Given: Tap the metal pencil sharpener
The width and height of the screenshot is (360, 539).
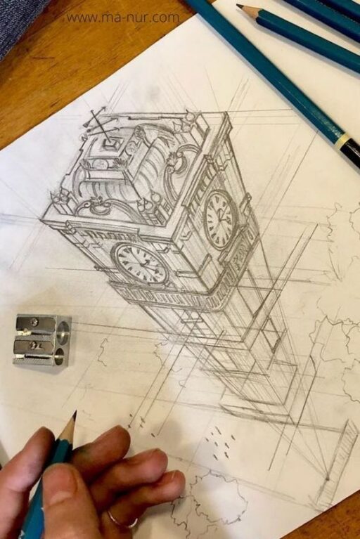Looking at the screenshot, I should tap(41, 339).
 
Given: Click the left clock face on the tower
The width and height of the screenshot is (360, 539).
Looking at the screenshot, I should tap(141, 262).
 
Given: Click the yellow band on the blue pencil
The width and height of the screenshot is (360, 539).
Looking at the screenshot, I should tap(342, 142).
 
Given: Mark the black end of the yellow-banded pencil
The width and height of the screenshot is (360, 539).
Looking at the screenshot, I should tap(352, 155).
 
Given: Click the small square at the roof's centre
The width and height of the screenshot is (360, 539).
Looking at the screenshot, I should tap(110, 144).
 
